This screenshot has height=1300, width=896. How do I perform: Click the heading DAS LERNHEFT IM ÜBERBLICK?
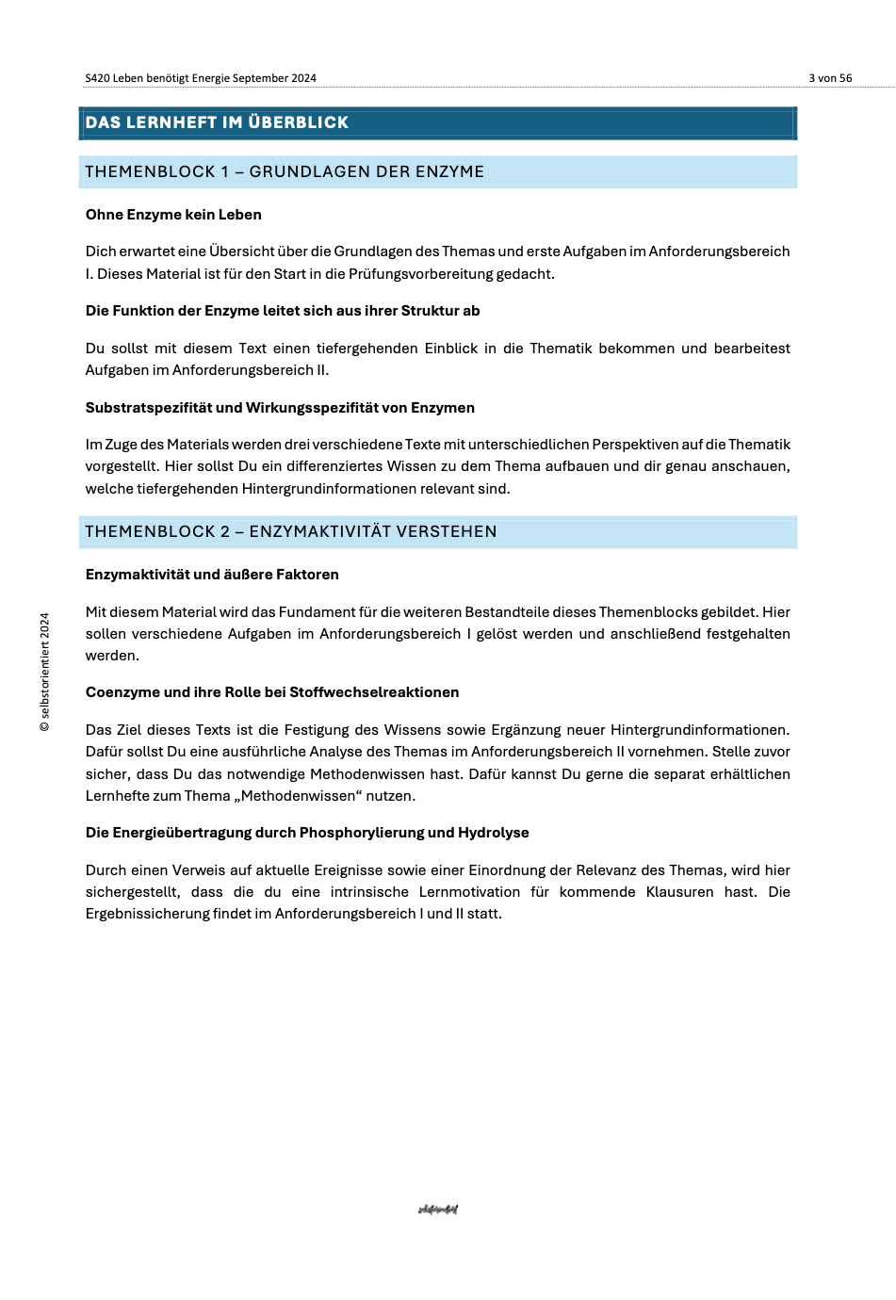(217, 122)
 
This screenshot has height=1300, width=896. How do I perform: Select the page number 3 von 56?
(830, 78)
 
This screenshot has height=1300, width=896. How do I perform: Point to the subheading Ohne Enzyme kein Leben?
(173, 215)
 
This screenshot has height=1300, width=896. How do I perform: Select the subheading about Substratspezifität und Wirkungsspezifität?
(280, 408)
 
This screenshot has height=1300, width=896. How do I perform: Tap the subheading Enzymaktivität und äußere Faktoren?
(212, 575)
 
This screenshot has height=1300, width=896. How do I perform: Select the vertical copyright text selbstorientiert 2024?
(44, 672)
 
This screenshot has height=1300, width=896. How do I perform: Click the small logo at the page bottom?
(438, 1210)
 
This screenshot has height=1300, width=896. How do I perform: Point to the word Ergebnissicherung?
(148, 914)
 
